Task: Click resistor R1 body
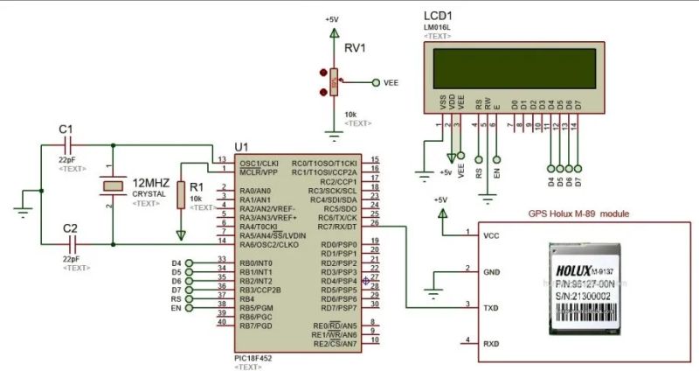point(181,195)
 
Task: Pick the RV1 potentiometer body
point(333,84)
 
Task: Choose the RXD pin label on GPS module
point(491,344)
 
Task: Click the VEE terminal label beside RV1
point(391,83)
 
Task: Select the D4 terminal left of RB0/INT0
point(176,262)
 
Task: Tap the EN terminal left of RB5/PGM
point(176,308)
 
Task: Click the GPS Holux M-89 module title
point(578,214)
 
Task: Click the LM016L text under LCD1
point(437,28)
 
